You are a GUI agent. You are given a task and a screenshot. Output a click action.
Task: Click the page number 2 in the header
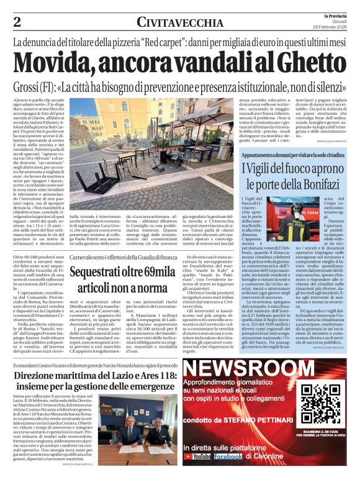coord(17,22)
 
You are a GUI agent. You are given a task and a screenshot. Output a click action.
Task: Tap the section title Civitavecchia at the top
coord(180,22)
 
